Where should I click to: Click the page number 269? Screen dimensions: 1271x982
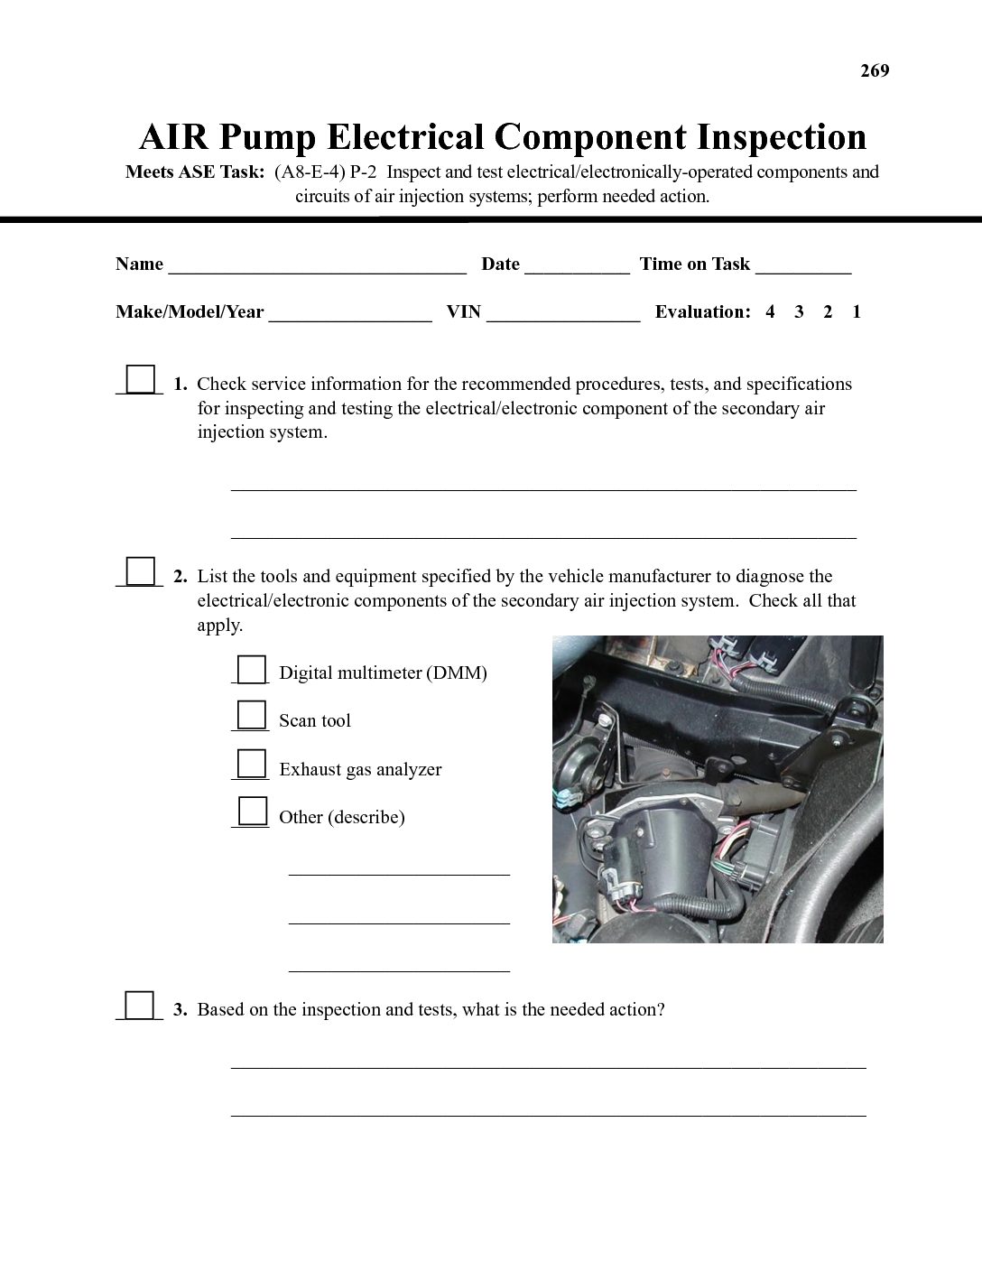pos(875,71)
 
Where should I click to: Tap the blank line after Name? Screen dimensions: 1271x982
pos(317,266)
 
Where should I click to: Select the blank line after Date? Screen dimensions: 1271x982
pos(577,266)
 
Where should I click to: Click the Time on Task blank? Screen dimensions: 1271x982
pos(803,266)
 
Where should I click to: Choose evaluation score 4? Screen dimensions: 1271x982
pos(770,312)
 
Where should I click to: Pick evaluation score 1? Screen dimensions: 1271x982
pos(857,312)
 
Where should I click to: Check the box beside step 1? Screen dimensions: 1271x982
pos(140,379)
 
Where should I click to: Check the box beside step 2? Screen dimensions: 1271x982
pos(140,571)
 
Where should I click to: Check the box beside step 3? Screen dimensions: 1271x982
pos(140,1005)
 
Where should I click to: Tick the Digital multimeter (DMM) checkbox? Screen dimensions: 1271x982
pos(252,669)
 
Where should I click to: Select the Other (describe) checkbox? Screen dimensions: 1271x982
pos(252,812)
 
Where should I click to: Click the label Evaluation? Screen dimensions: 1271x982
pos(702,312)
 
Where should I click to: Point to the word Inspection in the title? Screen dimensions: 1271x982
pos(782,137)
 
